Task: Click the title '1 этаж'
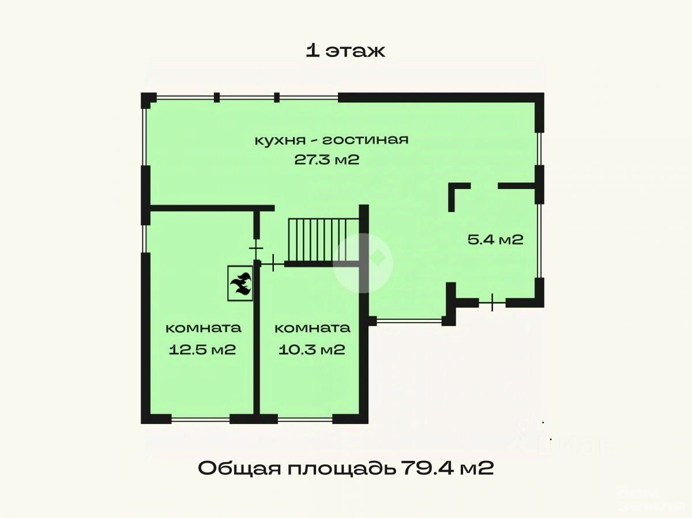coord(345,51)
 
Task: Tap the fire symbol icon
coord(240,282)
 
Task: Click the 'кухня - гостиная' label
coord(332,140)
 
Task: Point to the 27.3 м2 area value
coord(327,160)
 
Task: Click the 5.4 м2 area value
coord(495,239)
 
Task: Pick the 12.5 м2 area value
coord(202,349)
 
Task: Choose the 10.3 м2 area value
coord(311,349)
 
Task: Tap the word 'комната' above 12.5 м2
coord(203,328)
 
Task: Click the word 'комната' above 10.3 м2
coord(312,328)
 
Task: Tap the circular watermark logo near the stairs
coord(363,262)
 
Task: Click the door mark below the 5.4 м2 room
coord(492,302)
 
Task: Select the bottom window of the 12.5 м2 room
coord(201,419)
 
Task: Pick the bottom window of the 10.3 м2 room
coord(305,419)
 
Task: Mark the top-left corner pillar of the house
coord(148,99)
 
